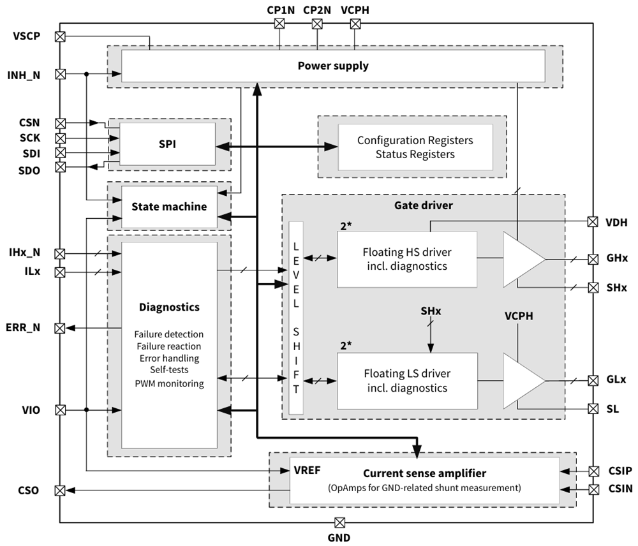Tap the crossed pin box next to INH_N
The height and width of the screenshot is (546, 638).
61,74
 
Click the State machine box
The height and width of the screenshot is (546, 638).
168,207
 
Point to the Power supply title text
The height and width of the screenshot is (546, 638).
333,66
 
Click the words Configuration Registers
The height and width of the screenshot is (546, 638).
415,140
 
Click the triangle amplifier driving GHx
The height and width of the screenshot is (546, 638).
521,259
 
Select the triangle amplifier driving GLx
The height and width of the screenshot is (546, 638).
521,380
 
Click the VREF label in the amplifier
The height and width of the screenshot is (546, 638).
307,471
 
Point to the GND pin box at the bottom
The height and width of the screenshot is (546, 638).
339,522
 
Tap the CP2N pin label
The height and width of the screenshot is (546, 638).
317,10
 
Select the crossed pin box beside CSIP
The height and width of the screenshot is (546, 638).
593,471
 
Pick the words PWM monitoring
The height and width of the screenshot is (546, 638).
168,383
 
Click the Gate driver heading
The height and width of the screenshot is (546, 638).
424,205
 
